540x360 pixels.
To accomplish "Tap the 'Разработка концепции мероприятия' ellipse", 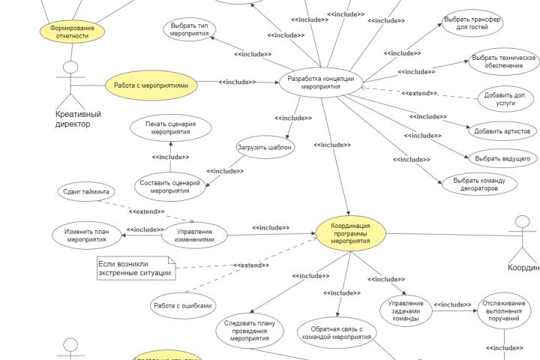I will pyautogui.click(x=320, y=82).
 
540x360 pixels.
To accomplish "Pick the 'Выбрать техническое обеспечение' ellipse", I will pyautogui.click(x=503, y=61).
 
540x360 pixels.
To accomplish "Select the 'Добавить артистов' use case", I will pyautogui.click(x=502, y=131).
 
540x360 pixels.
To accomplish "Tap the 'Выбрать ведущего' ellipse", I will pyautogui.click(x=502, y=158).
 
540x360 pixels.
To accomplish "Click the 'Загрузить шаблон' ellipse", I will pyautogui.click(x=265, y=147).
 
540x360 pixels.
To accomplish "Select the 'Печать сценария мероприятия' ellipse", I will pyautogui.click(x=170, y=127).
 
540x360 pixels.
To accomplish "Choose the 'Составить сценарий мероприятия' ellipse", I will pyautogui.click(x=170, y=186).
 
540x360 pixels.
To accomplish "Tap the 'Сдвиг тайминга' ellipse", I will pyautogui.click(x=86, y=191).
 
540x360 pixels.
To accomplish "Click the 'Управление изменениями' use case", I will pyautogui.click(x=194, y=235).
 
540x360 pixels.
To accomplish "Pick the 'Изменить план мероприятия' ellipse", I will pyautogui.click(x=86, y=235).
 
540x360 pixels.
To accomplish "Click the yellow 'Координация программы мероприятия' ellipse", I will pyautogui.click(x=350, y=232).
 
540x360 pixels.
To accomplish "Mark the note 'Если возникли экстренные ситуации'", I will pyautogui.click(x=135, y=268).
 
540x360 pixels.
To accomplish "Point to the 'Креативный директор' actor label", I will pyautogui.click(x=78, y=118).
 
